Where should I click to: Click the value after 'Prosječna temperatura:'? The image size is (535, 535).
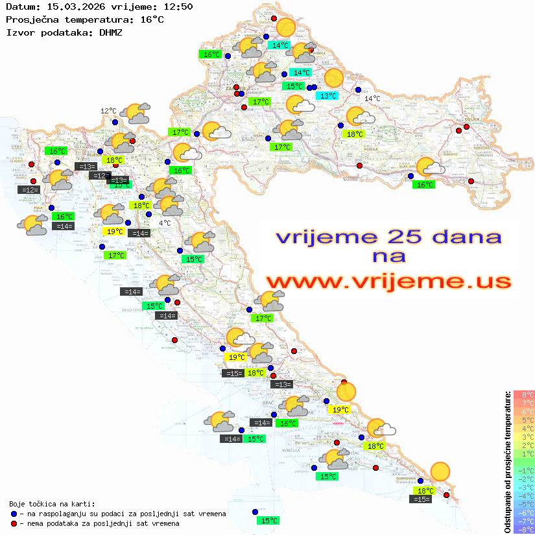[x=152, y=19]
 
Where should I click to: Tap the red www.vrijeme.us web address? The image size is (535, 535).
[x=388, y=281]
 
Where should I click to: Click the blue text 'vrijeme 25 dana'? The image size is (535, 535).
[x=388, y=236]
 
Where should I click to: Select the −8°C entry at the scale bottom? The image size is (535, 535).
[x=524, y=530]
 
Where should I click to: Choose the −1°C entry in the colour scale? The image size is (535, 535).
[x=524, y=471]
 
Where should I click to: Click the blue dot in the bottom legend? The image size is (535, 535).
[x=14, y=514]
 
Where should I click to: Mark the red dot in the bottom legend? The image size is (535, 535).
[x=14, y=523]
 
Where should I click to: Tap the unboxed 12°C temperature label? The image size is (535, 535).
[x=108, y=111]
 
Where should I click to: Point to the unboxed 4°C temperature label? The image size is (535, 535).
[x=165, y=223]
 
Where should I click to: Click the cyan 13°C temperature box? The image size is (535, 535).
[x=327, y=96]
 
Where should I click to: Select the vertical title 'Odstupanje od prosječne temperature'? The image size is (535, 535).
[x=507, y=462]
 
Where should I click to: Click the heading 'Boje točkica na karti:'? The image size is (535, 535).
[x=52, y=504]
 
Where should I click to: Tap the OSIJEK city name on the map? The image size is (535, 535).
[x=470, y=120]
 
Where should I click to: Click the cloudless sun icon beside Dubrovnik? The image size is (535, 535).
[x=440, y=471]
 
